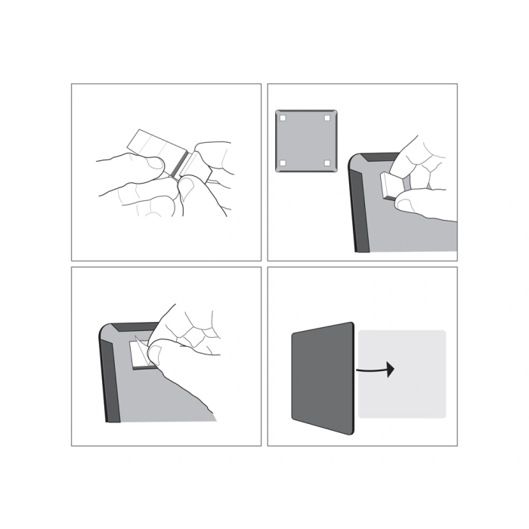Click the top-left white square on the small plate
click(283, 119)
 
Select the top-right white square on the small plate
click(327, 119)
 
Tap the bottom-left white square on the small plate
click(283, 163)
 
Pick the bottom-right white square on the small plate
click(327, 163)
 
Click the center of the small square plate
click(305, 141)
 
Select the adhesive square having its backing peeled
click(141, 354)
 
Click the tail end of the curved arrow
click(358, 370)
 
